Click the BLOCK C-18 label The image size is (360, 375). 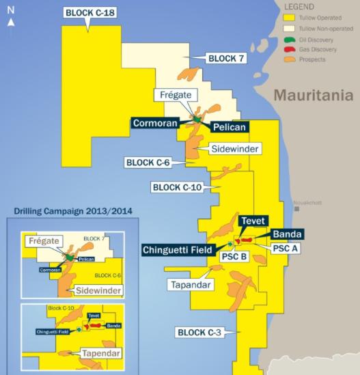pos(89,12)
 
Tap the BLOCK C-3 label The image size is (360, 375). pos(202,333)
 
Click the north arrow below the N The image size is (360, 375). pos(10,26)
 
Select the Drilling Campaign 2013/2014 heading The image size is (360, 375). pos(68,211)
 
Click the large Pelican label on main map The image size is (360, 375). pos(229,126)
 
